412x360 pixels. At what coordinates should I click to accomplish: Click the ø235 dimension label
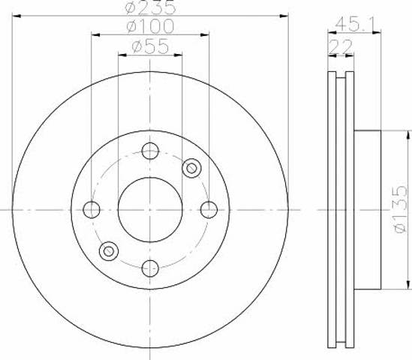[x=150, y=7]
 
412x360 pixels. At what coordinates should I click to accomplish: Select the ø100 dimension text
[x=150, y=26]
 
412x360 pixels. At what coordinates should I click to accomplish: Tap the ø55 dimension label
[x=150, y=46]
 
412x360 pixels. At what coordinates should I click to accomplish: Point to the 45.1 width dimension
[x=354, y=25]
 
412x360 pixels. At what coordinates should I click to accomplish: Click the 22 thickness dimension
[x=340, y=46]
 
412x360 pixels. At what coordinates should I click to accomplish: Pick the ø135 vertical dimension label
[x=401, y=209]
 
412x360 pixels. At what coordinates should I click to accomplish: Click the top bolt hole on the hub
[x=150, y=151]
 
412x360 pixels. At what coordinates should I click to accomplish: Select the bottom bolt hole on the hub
[x=150, y=268]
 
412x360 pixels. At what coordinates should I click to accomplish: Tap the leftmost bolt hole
[x=92, y=210]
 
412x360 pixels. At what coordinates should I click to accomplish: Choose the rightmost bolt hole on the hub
[x=209, y=210]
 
